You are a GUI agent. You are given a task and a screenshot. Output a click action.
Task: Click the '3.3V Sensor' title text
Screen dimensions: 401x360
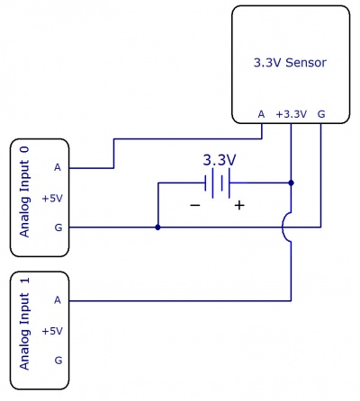[x=290, y=63]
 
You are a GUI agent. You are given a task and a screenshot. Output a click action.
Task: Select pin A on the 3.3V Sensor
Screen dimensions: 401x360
[x=261, y=114]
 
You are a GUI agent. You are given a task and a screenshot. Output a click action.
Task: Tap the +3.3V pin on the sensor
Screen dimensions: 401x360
[x=292, y=114]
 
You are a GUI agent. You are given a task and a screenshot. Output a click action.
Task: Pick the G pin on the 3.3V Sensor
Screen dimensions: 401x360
[x=321, y=114]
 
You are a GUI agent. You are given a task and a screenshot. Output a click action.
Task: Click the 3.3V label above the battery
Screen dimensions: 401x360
[x=219, y=160]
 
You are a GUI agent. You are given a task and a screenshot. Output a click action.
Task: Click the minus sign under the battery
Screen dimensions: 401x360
[x=195, y=205]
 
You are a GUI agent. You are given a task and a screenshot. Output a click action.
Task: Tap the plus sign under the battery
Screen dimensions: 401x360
[x=239, y=205]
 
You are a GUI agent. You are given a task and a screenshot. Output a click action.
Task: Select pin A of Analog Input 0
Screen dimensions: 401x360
[x=58, y=167]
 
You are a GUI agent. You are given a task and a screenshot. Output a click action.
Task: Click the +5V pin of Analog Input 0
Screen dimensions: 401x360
[x=53, y=197]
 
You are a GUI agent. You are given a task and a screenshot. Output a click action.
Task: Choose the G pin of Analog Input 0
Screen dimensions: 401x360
[x=58, y=227]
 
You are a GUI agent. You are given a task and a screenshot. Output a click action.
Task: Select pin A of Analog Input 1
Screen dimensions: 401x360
[x=58, y=299]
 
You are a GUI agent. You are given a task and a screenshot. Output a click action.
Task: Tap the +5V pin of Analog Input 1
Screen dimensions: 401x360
[x=53, y=330]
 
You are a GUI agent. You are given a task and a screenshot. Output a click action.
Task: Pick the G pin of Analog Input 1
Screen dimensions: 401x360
[x=58, y=360]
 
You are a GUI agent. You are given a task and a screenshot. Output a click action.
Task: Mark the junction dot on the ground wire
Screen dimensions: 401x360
[x=157, y=227]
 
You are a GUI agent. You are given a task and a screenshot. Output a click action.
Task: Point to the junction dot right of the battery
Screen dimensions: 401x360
[x=292, y=183]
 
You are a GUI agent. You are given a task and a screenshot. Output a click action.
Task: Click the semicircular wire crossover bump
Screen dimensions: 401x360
[x=287, y=227]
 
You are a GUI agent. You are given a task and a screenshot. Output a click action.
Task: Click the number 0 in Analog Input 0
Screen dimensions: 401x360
[x=25, y=148]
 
